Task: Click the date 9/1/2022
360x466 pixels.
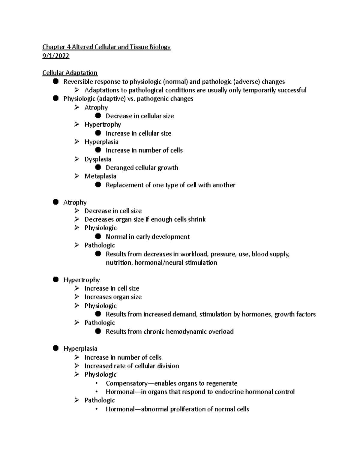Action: pyautogui.click(x=56, y=56)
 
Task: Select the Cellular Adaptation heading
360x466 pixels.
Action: pyautogui.click(x=70, y=73)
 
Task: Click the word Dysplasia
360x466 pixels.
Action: pyautogui.click(x=98, y=159)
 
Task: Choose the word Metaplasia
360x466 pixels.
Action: pyautogui.click(x=100, y=176)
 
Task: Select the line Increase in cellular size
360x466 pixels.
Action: pyautogui.click(x=138, y=133)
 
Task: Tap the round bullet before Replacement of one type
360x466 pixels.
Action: pyautogui.click(x=98, y=185)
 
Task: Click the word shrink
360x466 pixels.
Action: pyautogui.click(x=196, y=219)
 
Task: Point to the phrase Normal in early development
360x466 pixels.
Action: pyautogui.click(x=148, y=237)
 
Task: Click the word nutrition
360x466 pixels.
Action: pyautogui.click(x=118, y=263)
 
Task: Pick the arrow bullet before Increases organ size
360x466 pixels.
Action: pyautogui.click(x=77, y=297)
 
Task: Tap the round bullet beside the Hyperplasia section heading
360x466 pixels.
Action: pyautogui.click(x=55, y=348)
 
